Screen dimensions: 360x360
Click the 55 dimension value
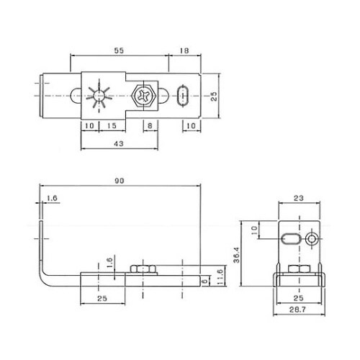point(119,50)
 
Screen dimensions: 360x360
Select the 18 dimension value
point(184,50)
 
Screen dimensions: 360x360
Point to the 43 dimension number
point(119,143)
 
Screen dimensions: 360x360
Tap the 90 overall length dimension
point(120,181)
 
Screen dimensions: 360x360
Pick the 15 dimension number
point(112,125)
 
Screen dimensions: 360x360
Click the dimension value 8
point(150,125)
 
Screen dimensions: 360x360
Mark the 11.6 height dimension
point(220,276)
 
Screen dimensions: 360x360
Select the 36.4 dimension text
point(237,255)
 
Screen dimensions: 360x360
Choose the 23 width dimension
point(299,198)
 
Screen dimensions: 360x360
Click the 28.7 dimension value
point(297,310)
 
